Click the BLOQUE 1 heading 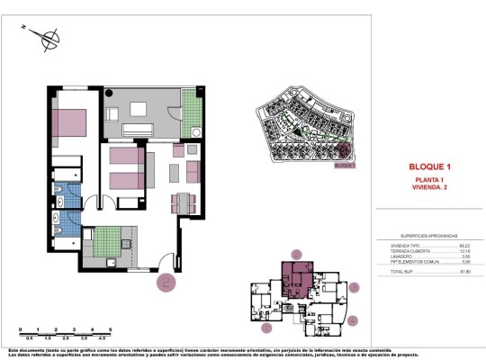click(x=428, y=167)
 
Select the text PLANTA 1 click(x=428, y=182)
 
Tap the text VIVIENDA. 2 click(x=428, y=190)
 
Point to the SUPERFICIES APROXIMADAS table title click(x=429, y=233)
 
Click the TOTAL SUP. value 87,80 click(x=465, y=269)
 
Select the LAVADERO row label click(x=388, y=256)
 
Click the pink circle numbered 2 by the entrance click(x=166, y=282)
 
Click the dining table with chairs click(x=184, y=202)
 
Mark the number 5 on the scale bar click(x=110, y=330)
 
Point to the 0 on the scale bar click(x=21, y=330)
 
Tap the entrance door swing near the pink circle click(x=164, y=264)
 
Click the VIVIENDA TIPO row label click(x=391, y=245)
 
